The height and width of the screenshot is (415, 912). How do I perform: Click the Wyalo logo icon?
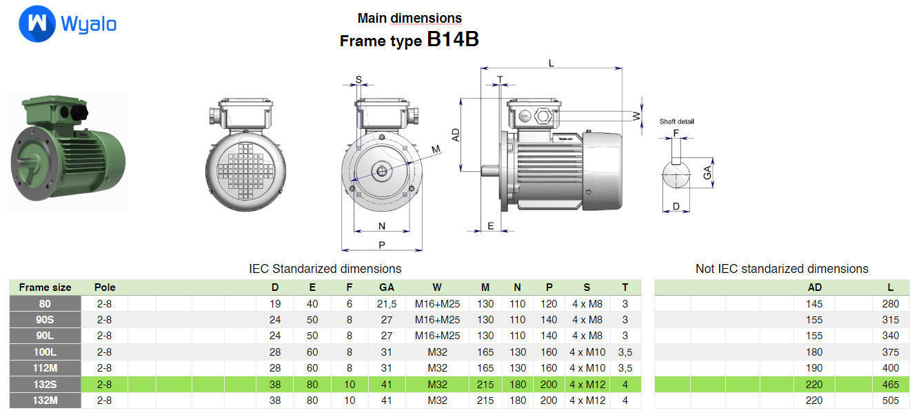click(x=37, y=25)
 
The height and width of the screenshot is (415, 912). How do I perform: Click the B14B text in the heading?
click(x=453, y=39)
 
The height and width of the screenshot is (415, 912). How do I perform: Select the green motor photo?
click(x=68, y=150)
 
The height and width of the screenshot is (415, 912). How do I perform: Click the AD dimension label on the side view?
click(x=456, y=134)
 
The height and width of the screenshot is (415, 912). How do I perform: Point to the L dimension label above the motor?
click(x=551, y=63)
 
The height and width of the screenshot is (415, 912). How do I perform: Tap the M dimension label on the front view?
click(x=436, y=150)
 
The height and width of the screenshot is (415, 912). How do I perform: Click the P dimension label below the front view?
click(x=382, y=245)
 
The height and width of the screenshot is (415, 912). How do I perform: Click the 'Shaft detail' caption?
click(x=676, y=121)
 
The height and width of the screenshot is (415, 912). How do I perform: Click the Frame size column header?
click(x=45, y=287)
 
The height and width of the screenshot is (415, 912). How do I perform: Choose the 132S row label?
click(x=45, y=384)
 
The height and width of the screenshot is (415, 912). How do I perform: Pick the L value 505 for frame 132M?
click(x=890, y=401)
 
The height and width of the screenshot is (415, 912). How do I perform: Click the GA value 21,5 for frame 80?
click(x=387, y=304)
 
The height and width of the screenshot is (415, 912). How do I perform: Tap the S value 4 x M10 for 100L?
click(x=587, y=352)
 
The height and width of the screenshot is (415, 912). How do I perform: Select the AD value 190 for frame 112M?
click(x=814, y=368)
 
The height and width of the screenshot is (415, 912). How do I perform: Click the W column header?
click(x=437, y=287)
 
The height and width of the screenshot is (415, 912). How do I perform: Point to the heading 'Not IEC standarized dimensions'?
click(x=782, y=269)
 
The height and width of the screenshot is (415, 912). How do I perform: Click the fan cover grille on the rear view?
click(x=241, y=172)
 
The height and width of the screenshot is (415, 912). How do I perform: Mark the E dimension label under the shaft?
click(x=490, y=226)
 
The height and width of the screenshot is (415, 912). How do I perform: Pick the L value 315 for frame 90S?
click(x=890, y=320)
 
